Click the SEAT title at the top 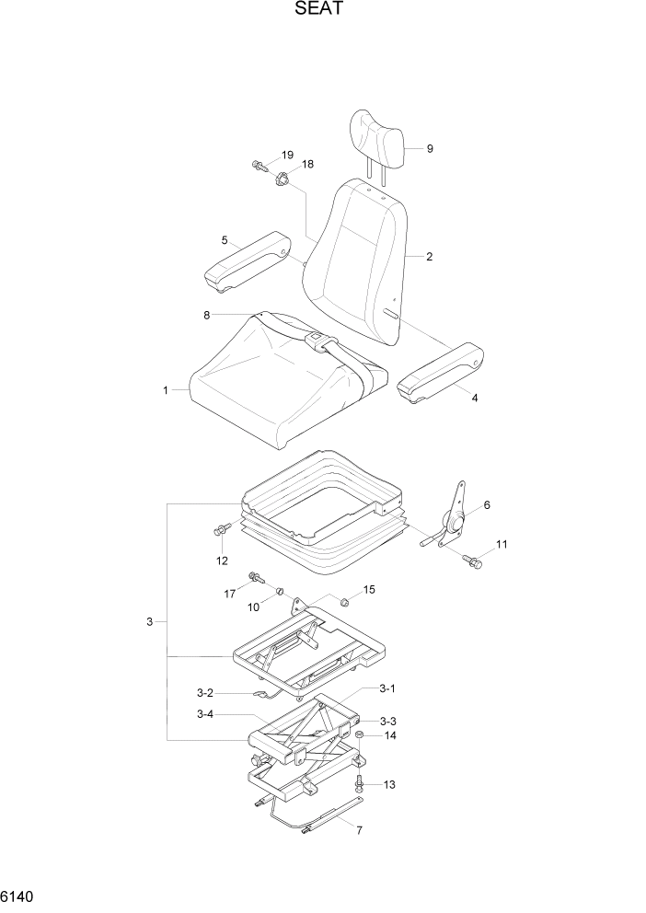coord(322,10)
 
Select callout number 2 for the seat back coord(430,257)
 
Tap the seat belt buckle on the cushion coord(314,342)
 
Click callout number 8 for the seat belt coord(207,315)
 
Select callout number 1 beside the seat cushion coord(166,390)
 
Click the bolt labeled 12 coord(221,531)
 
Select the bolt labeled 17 coord(254,579)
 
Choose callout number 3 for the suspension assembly coord(149,623)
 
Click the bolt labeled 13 coord(361,783)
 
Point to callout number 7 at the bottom coord(359,830)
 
